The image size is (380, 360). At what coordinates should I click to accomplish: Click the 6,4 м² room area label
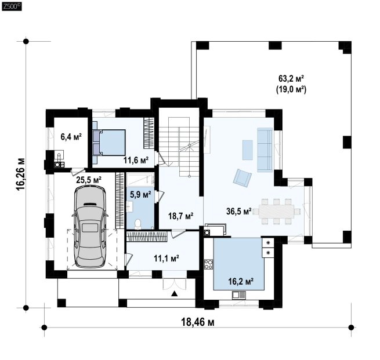tap(71, 137)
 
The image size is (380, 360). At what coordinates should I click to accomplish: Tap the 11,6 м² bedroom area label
tap(136, 160)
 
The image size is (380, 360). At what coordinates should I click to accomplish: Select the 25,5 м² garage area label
tap(89, 180)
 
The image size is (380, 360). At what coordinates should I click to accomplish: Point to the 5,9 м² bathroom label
tap(140, 194)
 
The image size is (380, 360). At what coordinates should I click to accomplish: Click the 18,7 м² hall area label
tap(181, 216)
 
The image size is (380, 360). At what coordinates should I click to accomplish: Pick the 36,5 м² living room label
tap(238, 211)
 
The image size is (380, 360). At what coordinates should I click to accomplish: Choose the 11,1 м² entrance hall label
tap(167, 259)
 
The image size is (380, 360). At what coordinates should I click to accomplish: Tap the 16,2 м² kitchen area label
tap(241, 281)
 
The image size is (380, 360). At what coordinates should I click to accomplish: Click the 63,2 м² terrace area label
tap(291, 78)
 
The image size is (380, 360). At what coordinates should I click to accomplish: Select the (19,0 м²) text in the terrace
tap(291, 89)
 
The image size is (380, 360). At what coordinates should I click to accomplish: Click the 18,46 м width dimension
tap(198, 322)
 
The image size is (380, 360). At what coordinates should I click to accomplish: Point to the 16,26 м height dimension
tap(21, 174)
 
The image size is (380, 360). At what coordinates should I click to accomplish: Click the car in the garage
tap(90, 227)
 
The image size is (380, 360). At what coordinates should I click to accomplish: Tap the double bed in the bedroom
tap(109, 143)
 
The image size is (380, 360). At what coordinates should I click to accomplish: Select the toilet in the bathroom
tap(138, 224)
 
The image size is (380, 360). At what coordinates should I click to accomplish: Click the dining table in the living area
tap(277, 212)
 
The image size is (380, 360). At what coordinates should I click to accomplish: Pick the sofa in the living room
tap(265, 150)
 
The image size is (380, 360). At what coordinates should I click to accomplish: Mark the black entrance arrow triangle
tap(175, 294)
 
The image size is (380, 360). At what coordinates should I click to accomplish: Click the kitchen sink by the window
tap(239, 295)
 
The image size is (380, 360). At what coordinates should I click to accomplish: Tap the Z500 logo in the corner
tap(12, 6)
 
